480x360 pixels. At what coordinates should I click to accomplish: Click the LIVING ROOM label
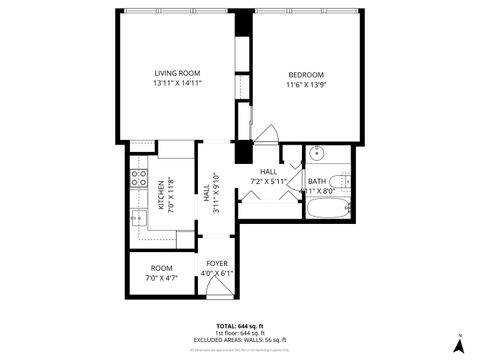(x=177, y=74)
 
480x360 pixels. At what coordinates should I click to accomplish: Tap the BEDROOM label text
(x=306, y=75)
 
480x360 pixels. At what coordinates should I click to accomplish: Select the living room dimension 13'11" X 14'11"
(x=177, y=84)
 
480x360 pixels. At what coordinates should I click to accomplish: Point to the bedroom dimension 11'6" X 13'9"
(x=306, y=85)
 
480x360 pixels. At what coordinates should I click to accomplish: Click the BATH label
(x=317, y=181)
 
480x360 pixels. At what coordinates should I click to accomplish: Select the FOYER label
(x=217, y=264)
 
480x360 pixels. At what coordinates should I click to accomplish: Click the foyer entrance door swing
(x=214, y=287)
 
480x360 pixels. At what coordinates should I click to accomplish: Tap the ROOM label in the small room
(x=161, y=268)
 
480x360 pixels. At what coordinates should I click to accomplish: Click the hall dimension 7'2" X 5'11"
(x=268, y=181)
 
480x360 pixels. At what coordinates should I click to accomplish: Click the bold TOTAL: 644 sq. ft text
(x=240, y=326)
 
